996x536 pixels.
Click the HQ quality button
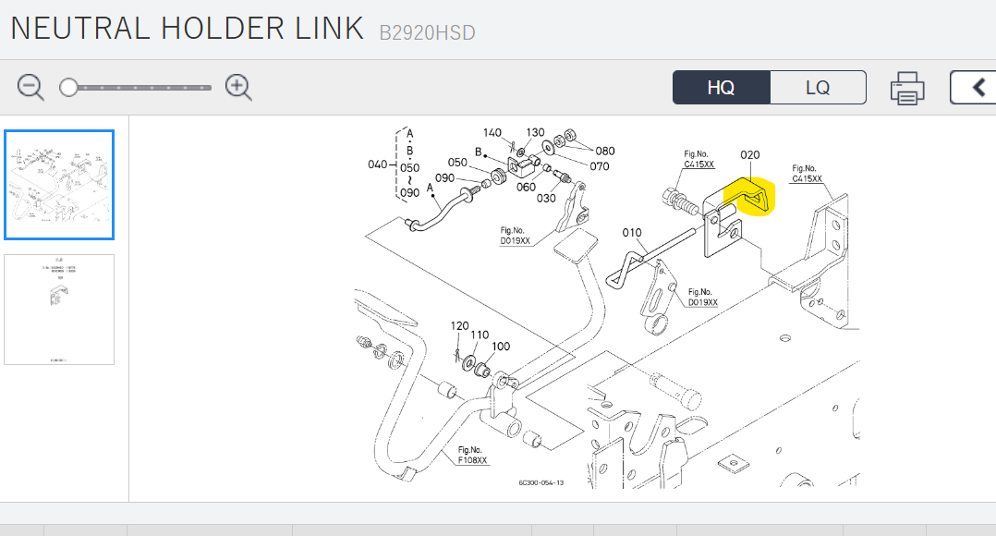coord(721,88)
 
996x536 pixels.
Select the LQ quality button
coord(818,88)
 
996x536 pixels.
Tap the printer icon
coord(907,89)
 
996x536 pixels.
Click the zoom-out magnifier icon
coord(30,88)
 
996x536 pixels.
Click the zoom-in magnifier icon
coord(239,88)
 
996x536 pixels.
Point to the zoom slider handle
coord(68,88)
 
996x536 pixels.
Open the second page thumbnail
coord(59,309)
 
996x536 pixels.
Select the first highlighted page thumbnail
coord(59,185)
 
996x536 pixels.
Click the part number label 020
coord(749,154)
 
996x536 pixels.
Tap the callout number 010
coord(632,233)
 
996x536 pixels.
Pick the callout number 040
coord(378,164)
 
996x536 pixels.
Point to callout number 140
coord(492,133)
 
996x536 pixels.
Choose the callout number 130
coord(535,133)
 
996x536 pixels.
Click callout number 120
coord(459,326)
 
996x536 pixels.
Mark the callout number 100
coord(500,347)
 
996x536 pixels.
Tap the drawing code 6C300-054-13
coord(541,482)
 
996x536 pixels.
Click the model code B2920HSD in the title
coord(427,33)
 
